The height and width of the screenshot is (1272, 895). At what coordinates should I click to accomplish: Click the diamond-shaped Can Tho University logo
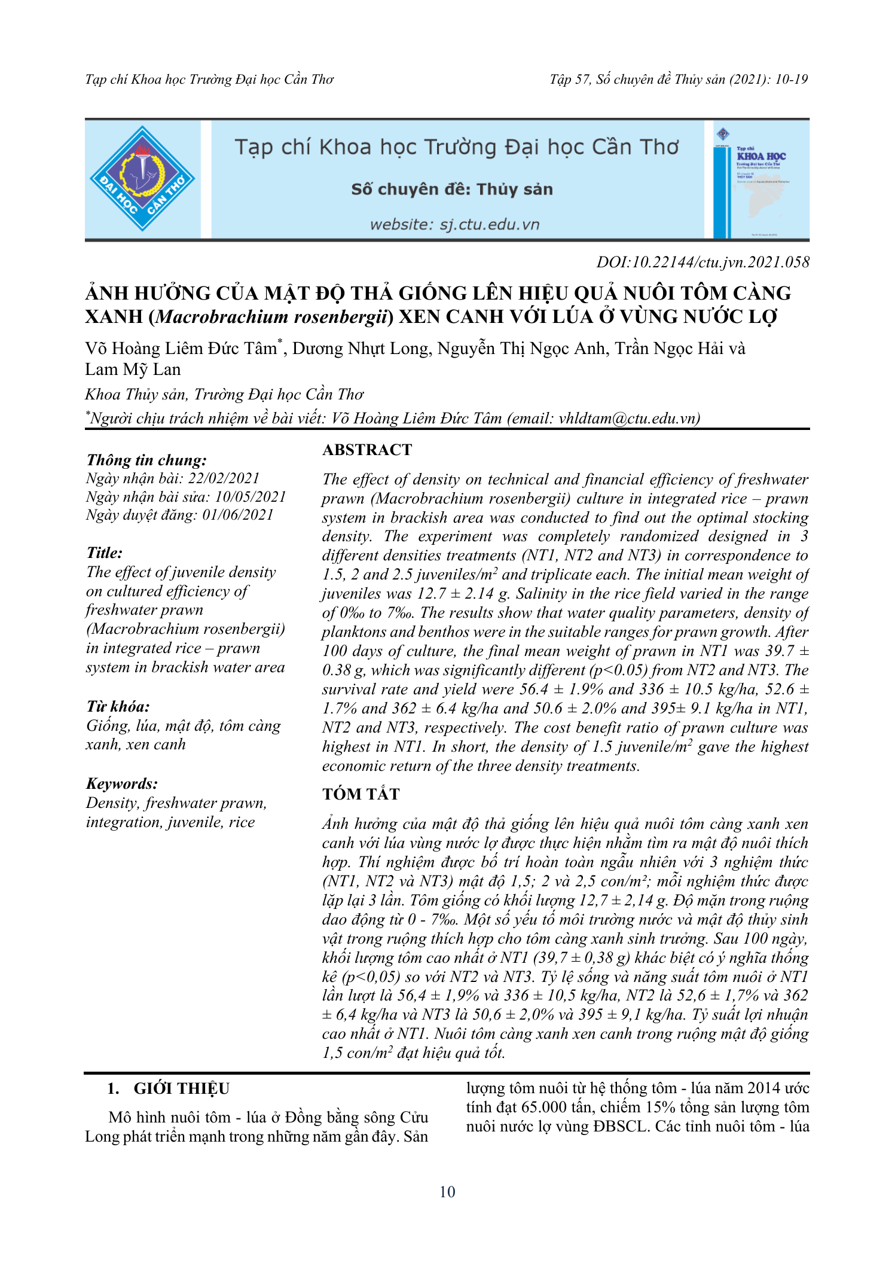(142, 179)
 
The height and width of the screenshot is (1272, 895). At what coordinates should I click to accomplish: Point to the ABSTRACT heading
(367, 450)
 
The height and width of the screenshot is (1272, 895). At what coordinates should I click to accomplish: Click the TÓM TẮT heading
(361, 794)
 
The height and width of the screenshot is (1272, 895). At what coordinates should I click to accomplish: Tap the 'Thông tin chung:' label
(146, 460)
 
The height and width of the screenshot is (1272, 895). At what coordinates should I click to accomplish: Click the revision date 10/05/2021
(251, 497)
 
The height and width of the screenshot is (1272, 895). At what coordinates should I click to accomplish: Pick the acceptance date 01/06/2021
(237, 515)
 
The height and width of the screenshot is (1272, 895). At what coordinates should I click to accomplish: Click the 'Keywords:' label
(122, 783)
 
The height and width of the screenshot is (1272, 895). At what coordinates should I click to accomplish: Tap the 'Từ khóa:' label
(118, 706)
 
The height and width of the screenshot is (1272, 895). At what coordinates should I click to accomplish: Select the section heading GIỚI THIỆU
(181, 1088)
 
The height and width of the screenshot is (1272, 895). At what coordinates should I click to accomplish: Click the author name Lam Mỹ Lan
(133, 370)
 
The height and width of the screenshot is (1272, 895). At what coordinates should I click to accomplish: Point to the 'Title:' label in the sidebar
(104, 553)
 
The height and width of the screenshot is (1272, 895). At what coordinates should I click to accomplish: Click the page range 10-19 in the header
(792, 80)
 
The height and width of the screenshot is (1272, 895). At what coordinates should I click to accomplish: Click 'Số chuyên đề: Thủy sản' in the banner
(452, 190)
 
